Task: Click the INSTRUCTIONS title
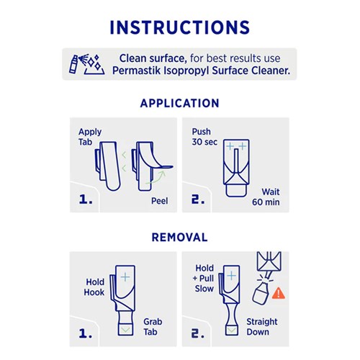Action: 179,27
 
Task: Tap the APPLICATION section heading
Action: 179,103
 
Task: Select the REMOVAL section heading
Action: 179,237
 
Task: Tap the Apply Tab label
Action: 90,138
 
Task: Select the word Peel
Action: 159,201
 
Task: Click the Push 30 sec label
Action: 204,138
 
